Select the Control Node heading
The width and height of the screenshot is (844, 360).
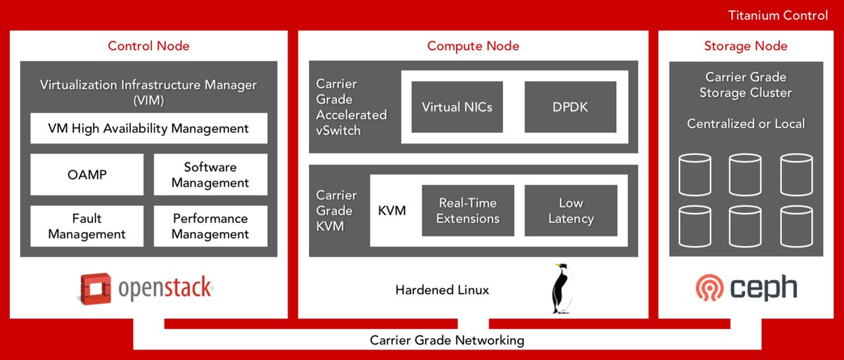click(148, 46)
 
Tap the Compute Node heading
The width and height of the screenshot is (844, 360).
click(473, 46)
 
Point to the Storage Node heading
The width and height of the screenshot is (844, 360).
click(746, 46)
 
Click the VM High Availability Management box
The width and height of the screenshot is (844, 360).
click(148, 129)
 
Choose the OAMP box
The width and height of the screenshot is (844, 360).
click(87, 174)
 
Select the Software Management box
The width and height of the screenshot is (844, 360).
click(210, 174)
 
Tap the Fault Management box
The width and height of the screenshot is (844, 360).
click(87, 226)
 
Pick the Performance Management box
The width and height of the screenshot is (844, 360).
click(210, 226)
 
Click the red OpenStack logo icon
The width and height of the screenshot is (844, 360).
click(95, 288)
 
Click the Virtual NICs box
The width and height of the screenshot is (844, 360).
click(457, 108)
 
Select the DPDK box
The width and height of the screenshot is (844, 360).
click(570, 108)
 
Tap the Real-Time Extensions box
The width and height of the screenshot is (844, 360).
click(468, 210)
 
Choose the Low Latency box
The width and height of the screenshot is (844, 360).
click(570, 210)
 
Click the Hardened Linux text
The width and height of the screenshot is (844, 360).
click(442, 290)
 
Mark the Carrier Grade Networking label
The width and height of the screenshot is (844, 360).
click(447, 340)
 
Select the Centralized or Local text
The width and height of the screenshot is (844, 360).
click(746, 124)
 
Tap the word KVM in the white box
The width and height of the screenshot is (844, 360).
click(392, 210)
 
